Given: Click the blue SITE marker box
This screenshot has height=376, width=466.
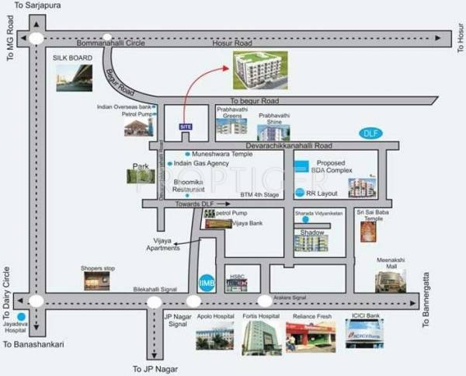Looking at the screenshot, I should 185,126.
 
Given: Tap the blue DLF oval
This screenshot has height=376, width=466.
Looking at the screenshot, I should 370,134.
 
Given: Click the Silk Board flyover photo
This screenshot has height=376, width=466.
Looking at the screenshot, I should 72,78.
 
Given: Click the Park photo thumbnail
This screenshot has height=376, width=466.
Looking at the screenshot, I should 140,176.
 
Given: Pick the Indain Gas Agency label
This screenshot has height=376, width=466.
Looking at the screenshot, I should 201,164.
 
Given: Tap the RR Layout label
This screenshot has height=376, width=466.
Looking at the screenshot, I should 321,192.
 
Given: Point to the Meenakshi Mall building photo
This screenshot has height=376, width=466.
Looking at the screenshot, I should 390,280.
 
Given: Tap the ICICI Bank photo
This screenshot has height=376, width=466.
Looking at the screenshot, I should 363,334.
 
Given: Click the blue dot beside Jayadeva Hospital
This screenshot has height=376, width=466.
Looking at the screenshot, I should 21,317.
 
